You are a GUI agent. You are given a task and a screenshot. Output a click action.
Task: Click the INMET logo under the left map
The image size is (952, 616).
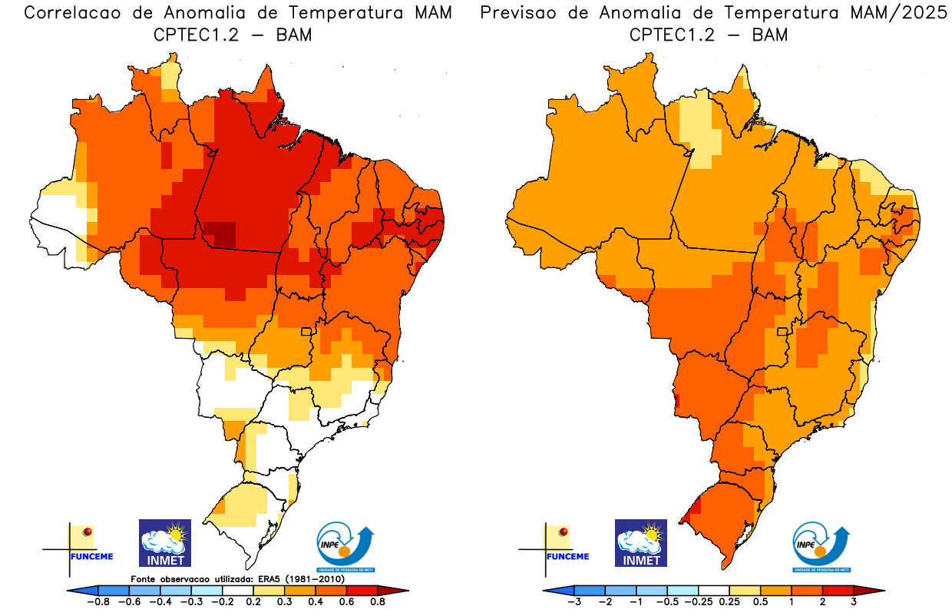pyautogui.click(x=164, y=542)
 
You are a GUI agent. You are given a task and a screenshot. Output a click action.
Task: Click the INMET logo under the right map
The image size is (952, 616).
pyautogui.click(x=641, y=542)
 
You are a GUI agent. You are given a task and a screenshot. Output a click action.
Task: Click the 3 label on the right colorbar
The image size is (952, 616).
pyautogui.click(x=853, y=603)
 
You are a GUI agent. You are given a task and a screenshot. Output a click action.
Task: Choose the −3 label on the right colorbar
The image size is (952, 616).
pyautogui.click(x=574, y=603)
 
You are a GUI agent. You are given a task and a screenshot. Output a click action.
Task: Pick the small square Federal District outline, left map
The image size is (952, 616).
pyautogui.click(x=306, y=332)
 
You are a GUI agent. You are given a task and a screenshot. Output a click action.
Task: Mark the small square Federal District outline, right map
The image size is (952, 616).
pyautogui.click(x=782, y=332)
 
